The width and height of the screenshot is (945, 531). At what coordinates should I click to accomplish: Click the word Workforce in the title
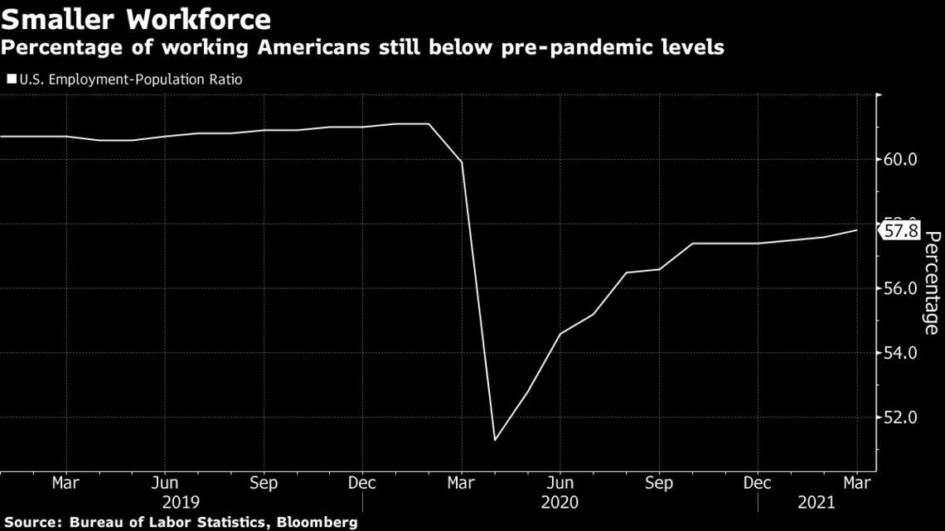click(198, 19)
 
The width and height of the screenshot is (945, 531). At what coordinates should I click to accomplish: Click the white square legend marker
click(12, 79)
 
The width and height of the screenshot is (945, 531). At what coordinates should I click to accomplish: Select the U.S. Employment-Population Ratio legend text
click(131, 80)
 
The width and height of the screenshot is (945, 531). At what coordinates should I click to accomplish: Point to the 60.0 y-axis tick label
click(899, 160)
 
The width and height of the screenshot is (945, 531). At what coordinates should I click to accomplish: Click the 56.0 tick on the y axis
click(899, 288)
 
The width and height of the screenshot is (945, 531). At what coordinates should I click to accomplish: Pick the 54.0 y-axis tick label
click(899, 353)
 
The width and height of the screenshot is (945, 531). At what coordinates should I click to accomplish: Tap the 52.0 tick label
click(899, 418)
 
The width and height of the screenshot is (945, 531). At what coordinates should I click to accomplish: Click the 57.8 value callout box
click(900, 230)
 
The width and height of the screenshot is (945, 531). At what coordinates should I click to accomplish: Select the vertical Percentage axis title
click(931, 282)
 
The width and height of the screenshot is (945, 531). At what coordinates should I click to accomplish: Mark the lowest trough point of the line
click(495, 440)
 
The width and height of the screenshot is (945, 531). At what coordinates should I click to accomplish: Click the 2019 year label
click(181, 502)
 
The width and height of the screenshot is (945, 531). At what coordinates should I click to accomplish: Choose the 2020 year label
click(560, 502)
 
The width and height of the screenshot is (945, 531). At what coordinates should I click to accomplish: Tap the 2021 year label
click(817, 502)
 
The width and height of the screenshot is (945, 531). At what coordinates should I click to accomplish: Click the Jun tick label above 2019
click(164, 483)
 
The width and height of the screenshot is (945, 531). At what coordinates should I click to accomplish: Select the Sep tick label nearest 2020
click(659, 483)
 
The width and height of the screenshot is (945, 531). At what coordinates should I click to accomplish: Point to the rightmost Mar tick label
click(857, 483)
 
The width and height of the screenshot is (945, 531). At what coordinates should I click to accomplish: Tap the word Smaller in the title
click(58, 19)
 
